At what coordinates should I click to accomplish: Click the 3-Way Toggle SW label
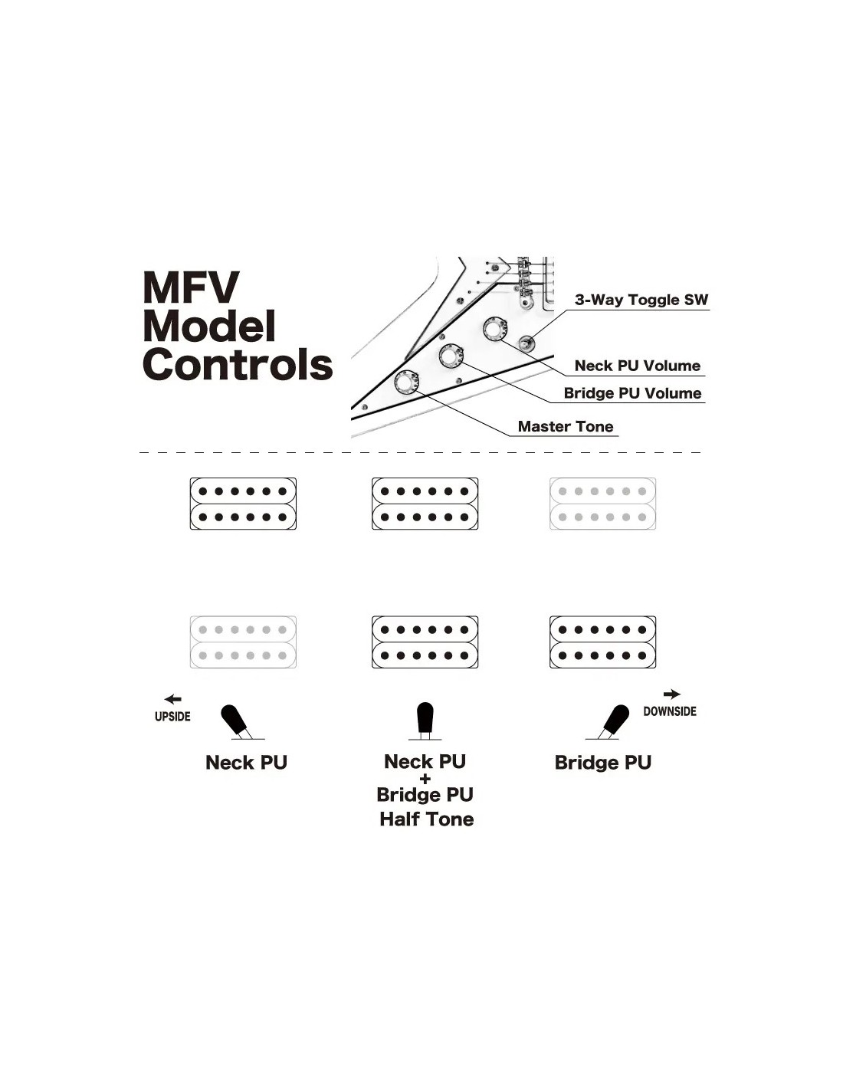(x=641, y=300)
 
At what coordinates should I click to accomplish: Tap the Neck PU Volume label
(x=637, y=365)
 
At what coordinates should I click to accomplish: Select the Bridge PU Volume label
(x=632, y=392)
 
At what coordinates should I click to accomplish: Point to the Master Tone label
(x=565, y=426)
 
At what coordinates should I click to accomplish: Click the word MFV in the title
(x=191, y=287)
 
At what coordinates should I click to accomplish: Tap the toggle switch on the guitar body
(x=526, y=343)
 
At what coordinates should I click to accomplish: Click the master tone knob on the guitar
(x=406, y=382)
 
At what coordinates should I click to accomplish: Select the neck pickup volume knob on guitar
(x=495, y=329)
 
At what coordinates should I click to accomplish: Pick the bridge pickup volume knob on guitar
(x=451, y=356)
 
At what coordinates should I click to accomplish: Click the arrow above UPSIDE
(x=173, y=699)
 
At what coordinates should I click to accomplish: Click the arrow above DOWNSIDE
(x=671, y=694)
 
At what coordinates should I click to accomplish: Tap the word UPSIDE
(x=172, y=716)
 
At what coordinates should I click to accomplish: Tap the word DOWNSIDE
(x=670, y=711)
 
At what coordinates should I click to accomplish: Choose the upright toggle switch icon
(x=425, y=721)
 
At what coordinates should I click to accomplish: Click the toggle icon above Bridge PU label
(x=608, y=722)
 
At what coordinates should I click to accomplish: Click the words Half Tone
(x=427, y=819)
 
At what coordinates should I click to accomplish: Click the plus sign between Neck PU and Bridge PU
(x=425, y=779)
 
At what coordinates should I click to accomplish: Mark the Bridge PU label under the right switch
(x=603, y=763)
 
